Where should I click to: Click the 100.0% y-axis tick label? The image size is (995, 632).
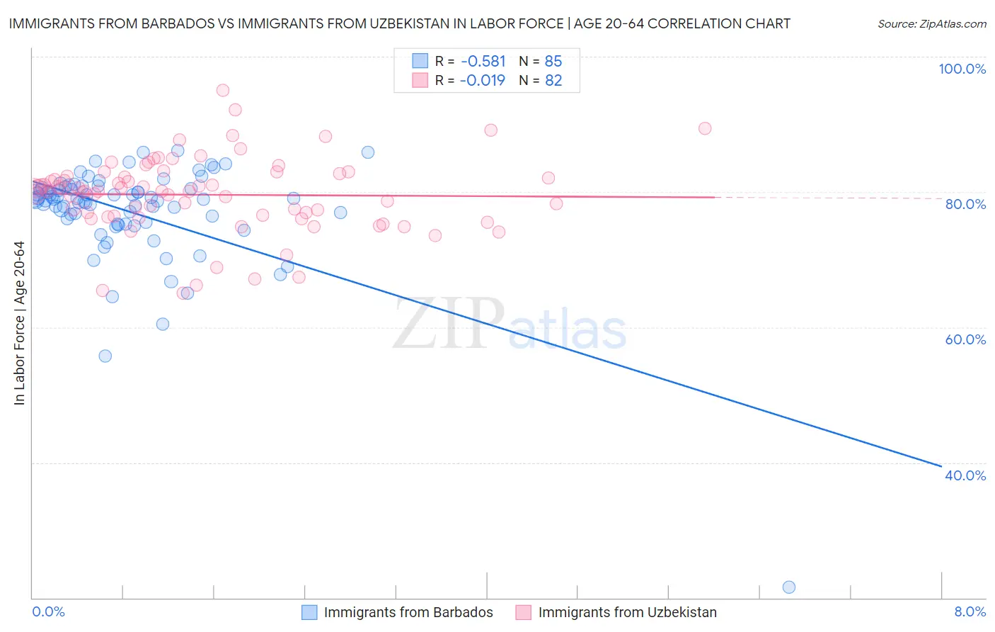[x=962, y=69]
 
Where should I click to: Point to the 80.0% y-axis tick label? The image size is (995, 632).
[x=965, y=204]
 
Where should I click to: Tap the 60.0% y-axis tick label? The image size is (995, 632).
[x=965, y=339]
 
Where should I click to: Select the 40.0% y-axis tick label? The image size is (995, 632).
[x=965, y=475]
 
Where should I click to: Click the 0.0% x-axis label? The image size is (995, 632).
[x=48, y=612]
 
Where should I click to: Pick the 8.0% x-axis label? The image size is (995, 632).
[x=970, y=612]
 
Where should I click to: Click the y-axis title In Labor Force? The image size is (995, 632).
[x=19, y=323]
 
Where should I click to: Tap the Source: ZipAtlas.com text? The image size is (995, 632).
[x=931, y=24]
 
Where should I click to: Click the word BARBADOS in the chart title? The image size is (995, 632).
[x=177, y=24]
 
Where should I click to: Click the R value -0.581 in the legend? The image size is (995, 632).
[x=483, y=62]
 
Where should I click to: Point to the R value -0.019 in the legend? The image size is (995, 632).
[x=483, y=81]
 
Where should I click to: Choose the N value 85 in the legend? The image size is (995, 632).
[x=553, y=62]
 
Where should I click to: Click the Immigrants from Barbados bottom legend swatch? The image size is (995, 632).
[x=309, y=612]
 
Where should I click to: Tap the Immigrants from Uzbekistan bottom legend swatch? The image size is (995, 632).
[x=523, y=612]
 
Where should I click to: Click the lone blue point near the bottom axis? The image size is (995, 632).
[x=789, y=587]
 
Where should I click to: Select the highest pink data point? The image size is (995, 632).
[x=223, y=90]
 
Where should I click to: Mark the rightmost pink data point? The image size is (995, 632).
[x=705, y=128]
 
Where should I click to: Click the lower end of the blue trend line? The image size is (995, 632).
[x=941, y=465]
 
